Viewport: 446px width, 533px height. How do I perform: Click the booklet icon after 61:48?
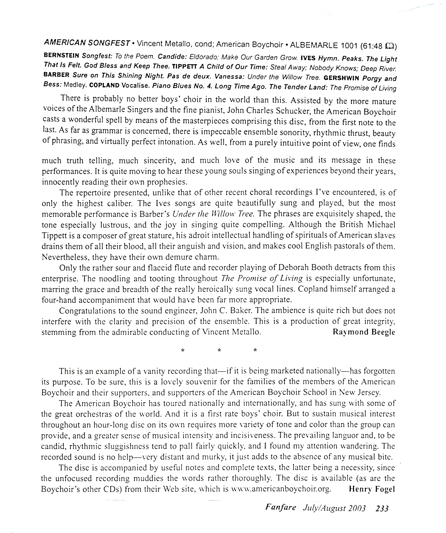[x=389, y=46]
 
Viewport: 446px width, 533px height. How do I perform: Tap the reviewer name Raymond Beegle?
[x=363, y=332]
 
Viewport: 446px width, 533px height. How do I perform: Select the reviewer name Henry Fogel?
[x=372, y=489]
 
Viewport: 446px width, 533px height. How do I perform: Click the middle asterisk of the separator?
[x=219, y=351]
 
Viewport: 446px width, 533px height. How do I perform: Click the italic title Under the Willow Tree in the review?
[x=213, y=214]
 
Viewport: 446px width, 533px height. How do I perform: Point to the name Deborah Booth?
[x=305, y=268]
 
